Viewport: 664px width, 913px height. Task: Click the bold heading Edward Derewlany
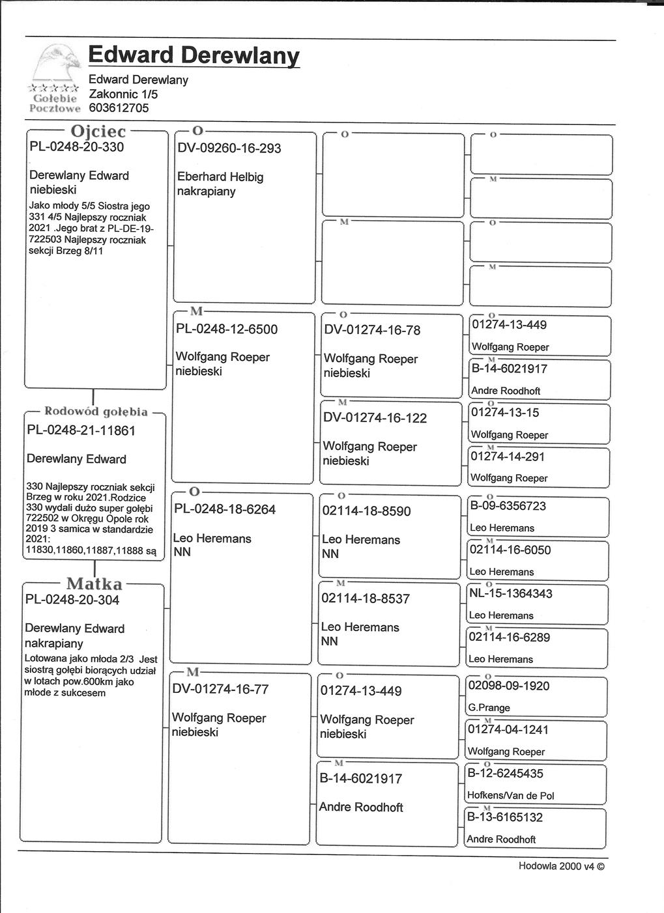coord(194,55)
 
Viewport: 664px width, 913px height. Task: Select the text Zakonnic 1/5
coord(123,94)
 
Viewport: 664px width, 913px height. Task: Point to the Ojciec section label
coord(98,132)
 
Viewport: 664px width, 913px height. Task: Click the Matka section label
coord(94,583)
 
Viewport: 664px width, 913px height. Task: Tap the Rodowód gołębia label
coord(96,412)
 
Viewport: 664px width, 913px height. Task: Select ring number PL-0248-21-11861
coord(81,430)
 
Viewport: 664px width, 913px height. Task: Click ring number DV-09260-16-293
coord(229,148)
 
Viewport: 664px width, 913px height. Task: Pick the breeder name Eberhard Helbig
coord(220,177)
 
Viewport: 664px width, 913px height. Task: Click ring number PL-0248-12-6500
coord(227,330)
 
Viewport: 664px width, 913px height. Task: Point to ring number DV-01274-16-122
coord(375,418)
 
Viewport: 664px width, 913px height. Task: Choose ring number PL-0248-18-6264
coord(224,509)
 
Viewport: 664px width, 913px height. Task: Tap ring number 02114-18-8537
coord(365,598)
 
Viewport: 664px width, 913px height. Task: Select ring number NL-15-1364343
coord(510,593)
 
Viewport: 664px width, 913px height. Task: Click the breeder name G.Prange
coord(489,708)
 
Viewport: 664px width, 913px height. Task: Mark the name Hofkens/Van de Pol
coord(510,796)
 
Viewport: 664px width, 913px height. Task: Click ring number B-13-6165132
coord(506,817)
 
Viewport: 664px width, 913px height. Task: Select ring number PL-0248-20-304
coord(72,600)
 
